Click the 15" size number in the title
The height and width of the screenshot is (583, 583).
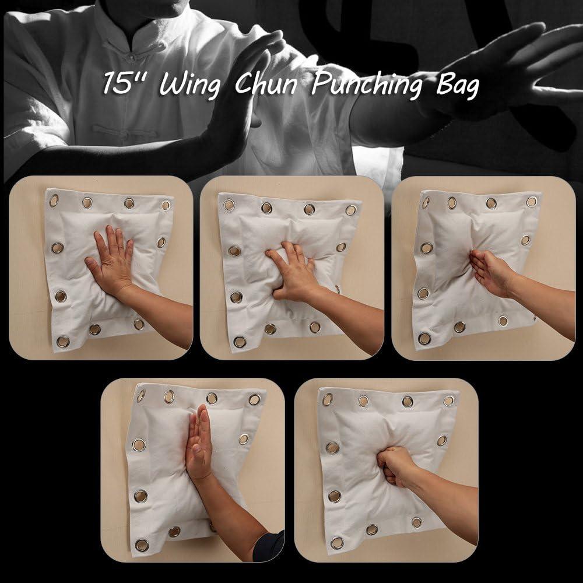[x=122, y=83]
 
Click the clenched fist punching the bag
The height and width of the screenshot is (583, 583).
[x=398, y=465]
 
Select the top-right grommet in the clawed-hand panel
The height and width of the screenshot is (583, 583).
[x=351, y=210]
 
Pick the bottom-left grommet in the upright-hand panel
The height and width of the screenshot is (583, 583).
[x=142, y=545]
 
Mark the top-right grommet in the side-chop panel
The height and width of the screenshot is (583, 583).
[x=532, y=202]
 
